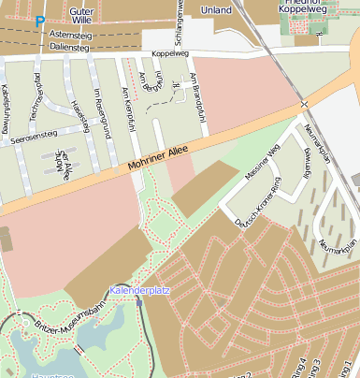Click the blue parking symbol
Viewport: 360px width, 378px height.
click(39, 21)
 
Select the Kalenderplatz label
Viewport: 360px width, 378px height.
click(139, 291)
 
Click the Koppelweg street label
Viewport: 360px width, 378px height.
click(169, 54)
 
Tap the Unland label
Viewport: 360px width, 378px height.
click(216, 10)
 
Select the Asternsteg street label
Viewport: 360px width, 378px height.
click(71, 33)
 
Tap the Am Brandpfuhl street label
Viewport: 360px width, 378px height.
click(195, 97)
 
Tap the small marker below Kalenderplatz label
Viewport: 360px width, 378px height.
click(139, 303)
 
